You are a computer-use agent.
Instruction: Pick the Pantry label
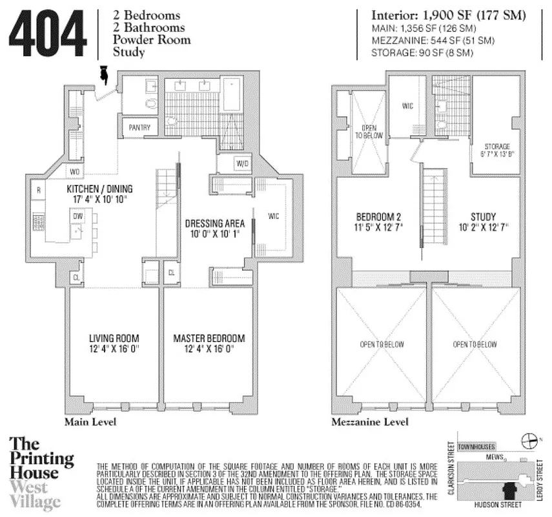coord(139,128)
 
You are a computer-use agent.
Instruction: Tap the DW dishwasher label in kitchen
coord(76,216)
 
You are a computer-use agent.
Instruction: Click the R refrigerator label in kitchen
coord(39,191)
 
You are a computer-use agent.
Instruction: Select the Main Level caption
coord(89,423)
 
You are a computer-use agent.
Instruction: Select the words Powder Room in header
coord(152,40)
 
